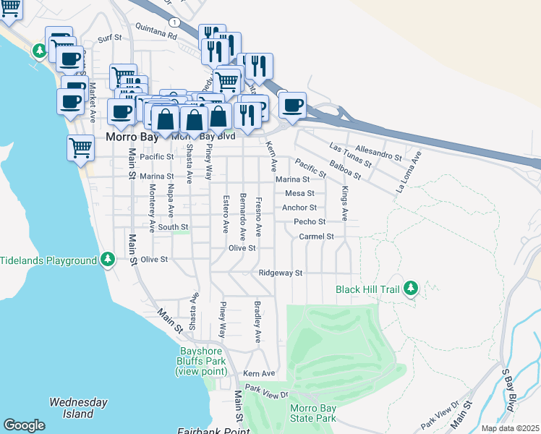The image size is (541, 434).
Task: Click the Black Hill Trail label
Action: coord(367,289)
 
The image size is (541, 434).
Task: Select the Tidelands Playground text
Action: coord(48,260)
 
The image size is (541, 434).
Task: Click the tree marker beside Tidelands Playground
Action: coord(108,259)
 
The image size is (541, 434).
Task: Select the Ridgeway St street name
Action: coord(281,273)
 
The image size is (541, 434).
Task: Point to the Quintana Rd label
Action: coord(156,34)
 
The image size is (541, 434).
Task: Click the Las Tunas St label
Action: coord(350,154)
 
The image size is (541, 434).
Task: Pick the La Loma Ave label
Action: coord(408,171)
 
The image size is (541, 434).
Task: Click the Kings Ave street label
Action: coord(345,203)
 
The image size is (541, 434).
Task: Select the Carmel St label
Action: coord(317,237)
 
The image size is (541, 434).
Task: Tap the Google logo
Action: coord(24,425)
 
